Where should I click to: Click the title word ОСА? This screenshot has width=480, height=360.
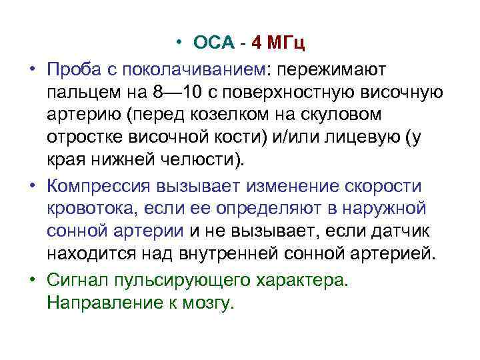pos(214,44)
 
